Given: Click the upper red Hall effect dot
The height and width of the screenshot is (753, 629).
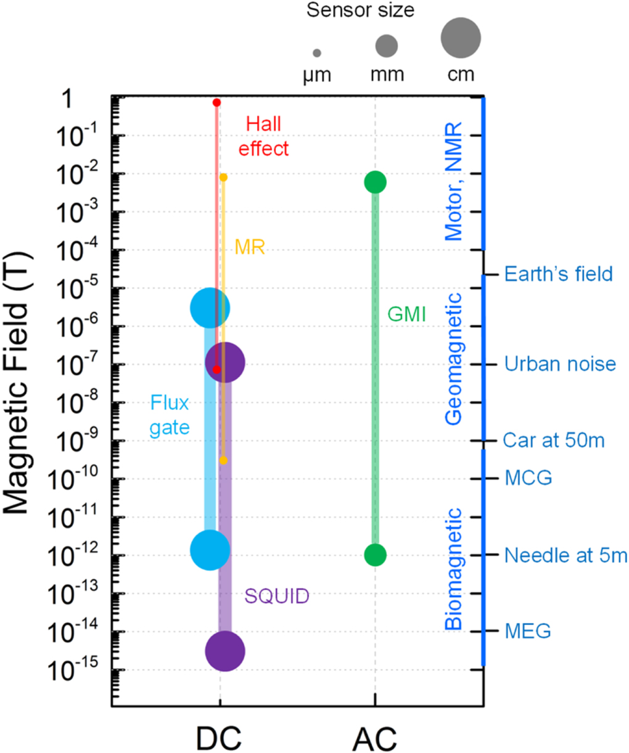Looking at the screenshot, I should tap(216, 102).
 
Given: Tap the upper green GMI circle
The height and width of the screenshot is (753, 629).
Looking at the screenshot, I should tap(375, 182).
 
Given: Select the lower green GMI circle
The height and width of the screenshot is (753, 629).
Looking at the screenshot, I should tap(375, 555).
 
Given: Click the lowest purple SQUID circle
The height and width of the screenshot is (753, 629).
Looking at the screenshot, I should tap(225, 651).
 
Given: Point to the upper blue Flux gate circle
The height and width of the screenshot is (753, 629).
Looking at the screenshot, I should tap(210, 307).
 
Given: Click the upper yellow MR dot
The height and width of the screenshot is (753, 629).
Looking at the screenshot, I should tap(223, 177).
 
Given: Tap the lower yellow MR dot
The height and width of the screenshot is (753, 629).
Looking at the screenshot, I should tap(223, 460).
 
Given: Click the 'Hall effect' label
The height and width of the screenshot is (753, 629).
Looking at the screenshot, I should tap(263, 136).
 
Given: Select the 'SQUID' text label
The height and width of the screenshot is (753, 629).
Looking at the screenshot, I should tap(277, 596).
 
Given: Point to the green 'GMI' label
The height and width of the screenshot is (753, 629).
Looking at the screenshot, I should tap(406, 314).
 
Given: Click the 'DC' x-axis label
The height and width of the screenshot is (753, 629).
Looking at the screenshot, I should tap(218, 737).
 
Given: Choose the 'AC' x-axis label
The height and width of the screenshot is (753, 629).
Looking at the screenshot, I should tap(375, 737).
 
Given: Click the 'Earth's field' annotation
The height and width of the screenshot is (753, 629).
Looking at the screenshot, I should tap(558, 274).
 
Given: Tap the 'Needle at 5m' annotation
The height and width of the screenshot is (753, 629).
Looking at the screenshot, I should tap(565, 555).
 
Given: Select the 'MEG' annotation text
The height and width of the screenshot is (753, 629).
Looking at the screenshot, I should tap(527, 631).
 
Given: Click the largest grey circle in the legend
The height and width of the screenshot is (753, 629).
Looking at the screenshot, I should tap(461, 38).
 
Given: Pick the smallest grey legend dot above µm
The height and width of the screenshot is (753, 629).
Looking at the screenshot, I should tap(317, 54).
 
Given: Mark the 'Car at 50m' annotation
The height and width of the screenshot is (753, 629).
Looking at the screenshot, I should tap(553, 441).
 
